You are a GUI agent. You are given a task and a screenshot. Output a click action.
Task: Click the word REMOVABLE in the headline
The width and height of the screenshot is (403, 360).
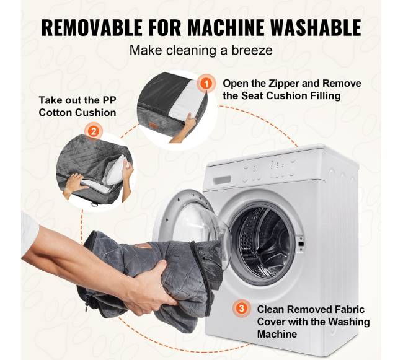(x=92, y=27)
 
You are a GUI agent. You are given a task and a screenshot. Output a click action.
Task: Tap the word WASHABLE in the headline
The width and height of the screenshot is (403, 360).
(x=316, y=27)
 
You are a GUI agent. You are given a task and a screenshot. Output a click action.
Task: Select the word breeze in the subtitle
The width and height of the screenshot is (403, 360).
(x=252, y=50)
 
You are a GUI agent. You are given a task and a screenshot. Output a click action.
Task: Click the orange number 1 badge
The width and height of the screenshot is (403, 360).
(x=206, y=84)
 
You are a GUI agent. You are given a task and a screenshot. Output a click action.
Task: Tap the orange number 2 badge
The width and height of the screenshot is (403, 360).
(x=94, y=132)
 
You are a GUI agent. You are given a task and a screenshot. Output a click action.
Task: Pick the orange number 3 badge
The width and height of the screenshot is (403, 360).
(x=242, y=308)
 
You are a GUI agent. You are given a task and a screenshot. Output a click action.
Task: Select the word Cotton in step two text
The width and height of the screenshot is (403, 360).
(x=55, y=113)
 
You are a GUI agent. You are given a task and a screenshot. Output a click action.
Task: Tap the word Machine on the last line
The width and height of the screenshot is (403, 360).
(x=277, y=335)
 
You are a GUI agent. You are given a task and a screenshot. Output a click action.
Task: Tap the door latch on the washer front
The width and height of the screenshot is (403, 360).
(x=301, y=244)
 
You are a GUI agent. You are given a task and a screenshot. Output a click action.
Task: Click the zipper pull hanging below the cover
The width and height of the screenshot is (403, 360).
(x=87, y=306)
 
